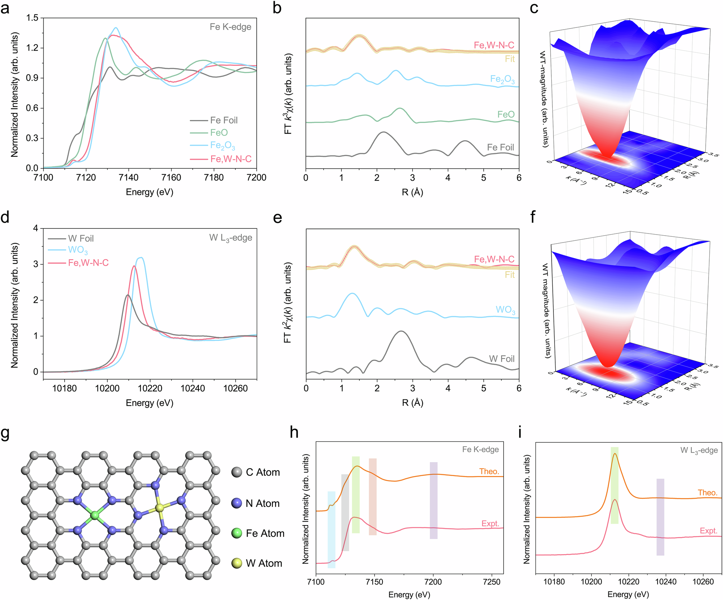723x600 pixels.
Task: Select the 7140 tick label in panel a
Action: coord(128,177)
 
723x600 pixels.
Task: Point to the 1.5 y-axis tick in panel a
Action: coord(32,18)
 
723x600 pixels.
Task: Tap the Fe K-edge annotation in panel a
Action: coord(230,27)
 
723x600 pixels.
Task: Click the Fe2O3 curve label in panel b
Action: coord(502,80)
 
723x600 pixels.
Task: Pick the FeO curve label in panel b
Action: coord(506,115)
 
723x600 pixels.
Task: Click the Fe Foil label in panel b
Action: coord(500,147)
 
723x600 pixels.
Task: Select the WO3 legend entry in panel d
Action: coord(78,250)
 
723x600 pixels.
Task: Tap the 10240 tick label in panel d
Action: coord(193,389)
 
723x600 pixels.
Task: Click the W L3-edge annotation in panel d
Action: coord(231,238)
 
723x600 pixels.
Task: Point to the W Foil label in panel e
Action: coord(501,359)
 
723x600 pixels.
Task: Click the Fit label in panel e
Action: coord(510,275)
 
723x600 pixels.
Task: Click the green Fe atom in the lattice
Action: coord(95,515)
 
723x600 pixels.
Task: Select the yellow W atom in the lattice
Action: coord(159,508)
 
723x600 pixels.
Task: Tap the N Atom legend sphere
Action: coord(237,503)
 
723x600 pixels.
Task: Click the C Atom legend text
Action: coord(263,472)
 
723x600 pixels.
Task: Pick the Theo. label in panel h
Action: coord(489,471)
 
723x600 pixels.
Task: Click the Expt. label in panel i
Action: coord(708,531)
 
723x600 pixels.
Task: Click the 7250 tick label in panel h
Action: coord(492,582)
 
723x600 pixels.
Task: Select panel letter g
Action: coord(5,433)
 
